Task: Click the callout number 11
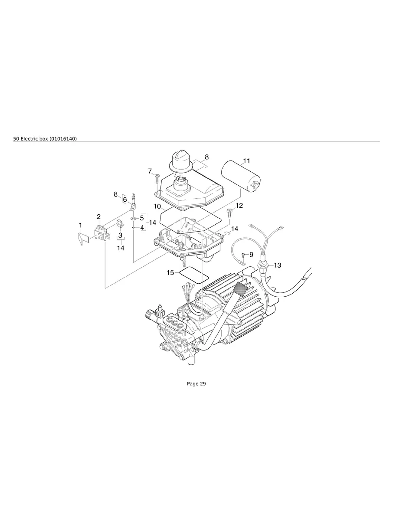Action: click(x=246, y=161)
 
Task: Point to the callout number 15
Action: click(x=170, y=273)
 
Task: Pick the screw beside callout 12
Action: click(x=229, y=212)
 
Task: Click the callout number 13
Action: click(x=277, y=265)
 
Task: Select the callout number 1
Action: click(x=80, y=225)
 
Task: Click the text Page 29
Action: click(x=196, y=383)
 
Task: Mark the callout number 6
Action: click(x=125, y=200)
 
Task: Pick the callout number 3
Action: click(x=120, y=235)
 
